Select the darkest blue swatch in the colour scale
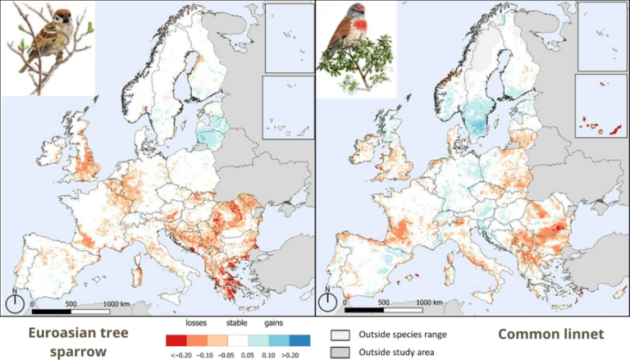[x=299, y=339]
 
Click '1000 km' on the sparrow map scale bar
[x=118, y=303]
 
